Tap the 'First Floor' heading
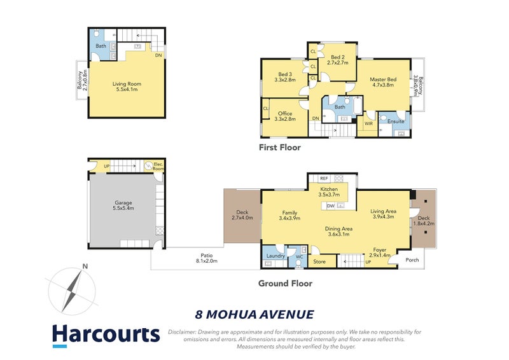click(279, 148)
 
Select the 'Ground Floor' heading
click(285, 283)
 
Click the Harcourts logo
click(105, 335)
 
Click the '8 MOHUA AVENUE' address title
click(254, 314)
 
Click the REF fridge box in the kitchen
click(324, 179)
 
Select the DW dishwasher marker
click(330, 205)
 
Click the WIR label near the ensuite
click(368, 123)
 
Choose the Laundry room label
click(275, 256)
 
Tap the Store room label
click(319, 261)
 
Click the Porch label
click(412, 259)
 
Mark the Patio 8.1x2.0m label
click(207, 258)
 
